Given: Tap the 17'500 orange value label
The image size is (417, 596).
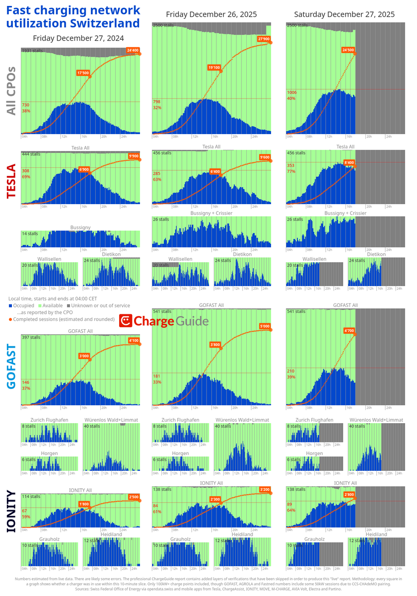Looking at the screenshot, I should (83, 73).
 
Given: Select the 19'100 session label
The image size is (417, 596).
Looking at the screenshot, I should (214, 67).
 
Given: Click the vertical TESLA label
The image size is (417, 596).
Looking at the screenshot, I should (11, 182).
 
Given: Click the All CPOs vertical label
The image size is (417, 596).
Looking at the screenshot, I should (11, 91).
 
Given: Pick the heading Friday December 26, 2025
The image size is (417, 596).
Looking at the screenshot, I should (211, 14).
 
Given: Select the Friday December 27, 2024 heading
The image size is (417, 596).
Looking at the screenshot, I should (78, 38).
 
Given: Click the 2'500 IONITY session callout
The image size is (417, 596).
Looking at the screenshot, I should (134, 497).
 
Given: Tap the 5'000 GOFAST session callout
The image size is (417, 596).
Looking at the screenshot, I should (266, 327).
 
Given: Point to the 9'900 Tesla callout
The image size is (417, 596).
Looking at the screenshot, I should (133, 156).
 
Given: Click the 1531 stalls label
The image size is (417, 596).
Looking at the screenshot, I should (32, 51).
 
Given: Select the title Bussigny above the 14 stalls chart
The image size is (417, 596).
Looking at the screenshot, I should (80, 227).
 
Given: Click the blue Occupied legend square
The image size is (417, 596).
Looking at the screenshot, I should (10, 305).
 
